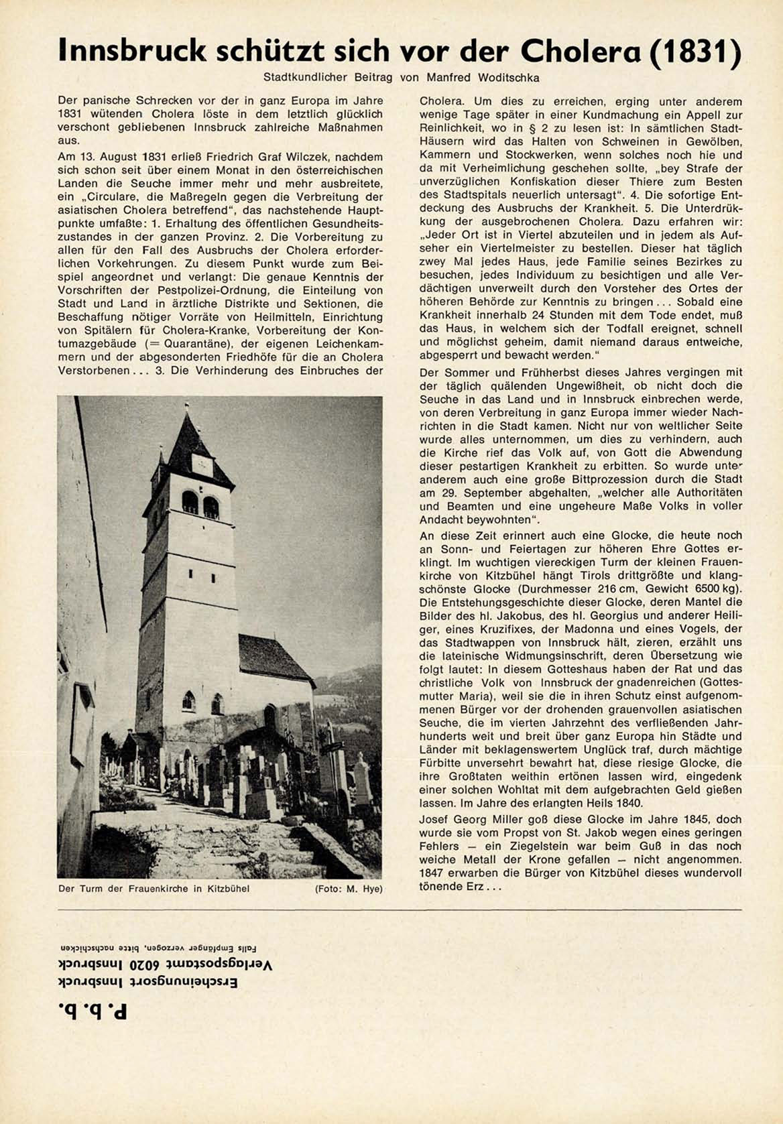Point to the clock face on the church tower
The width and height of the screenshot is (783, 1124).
pos(200,462)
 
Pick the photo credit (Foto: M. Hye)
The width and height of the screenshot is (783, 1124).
pos(348,889)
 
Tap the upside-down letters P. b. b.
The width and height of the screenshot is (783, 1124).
pos(93,1010)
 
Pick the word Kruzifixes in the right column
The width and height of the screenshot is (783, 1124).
pos(486,629)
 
